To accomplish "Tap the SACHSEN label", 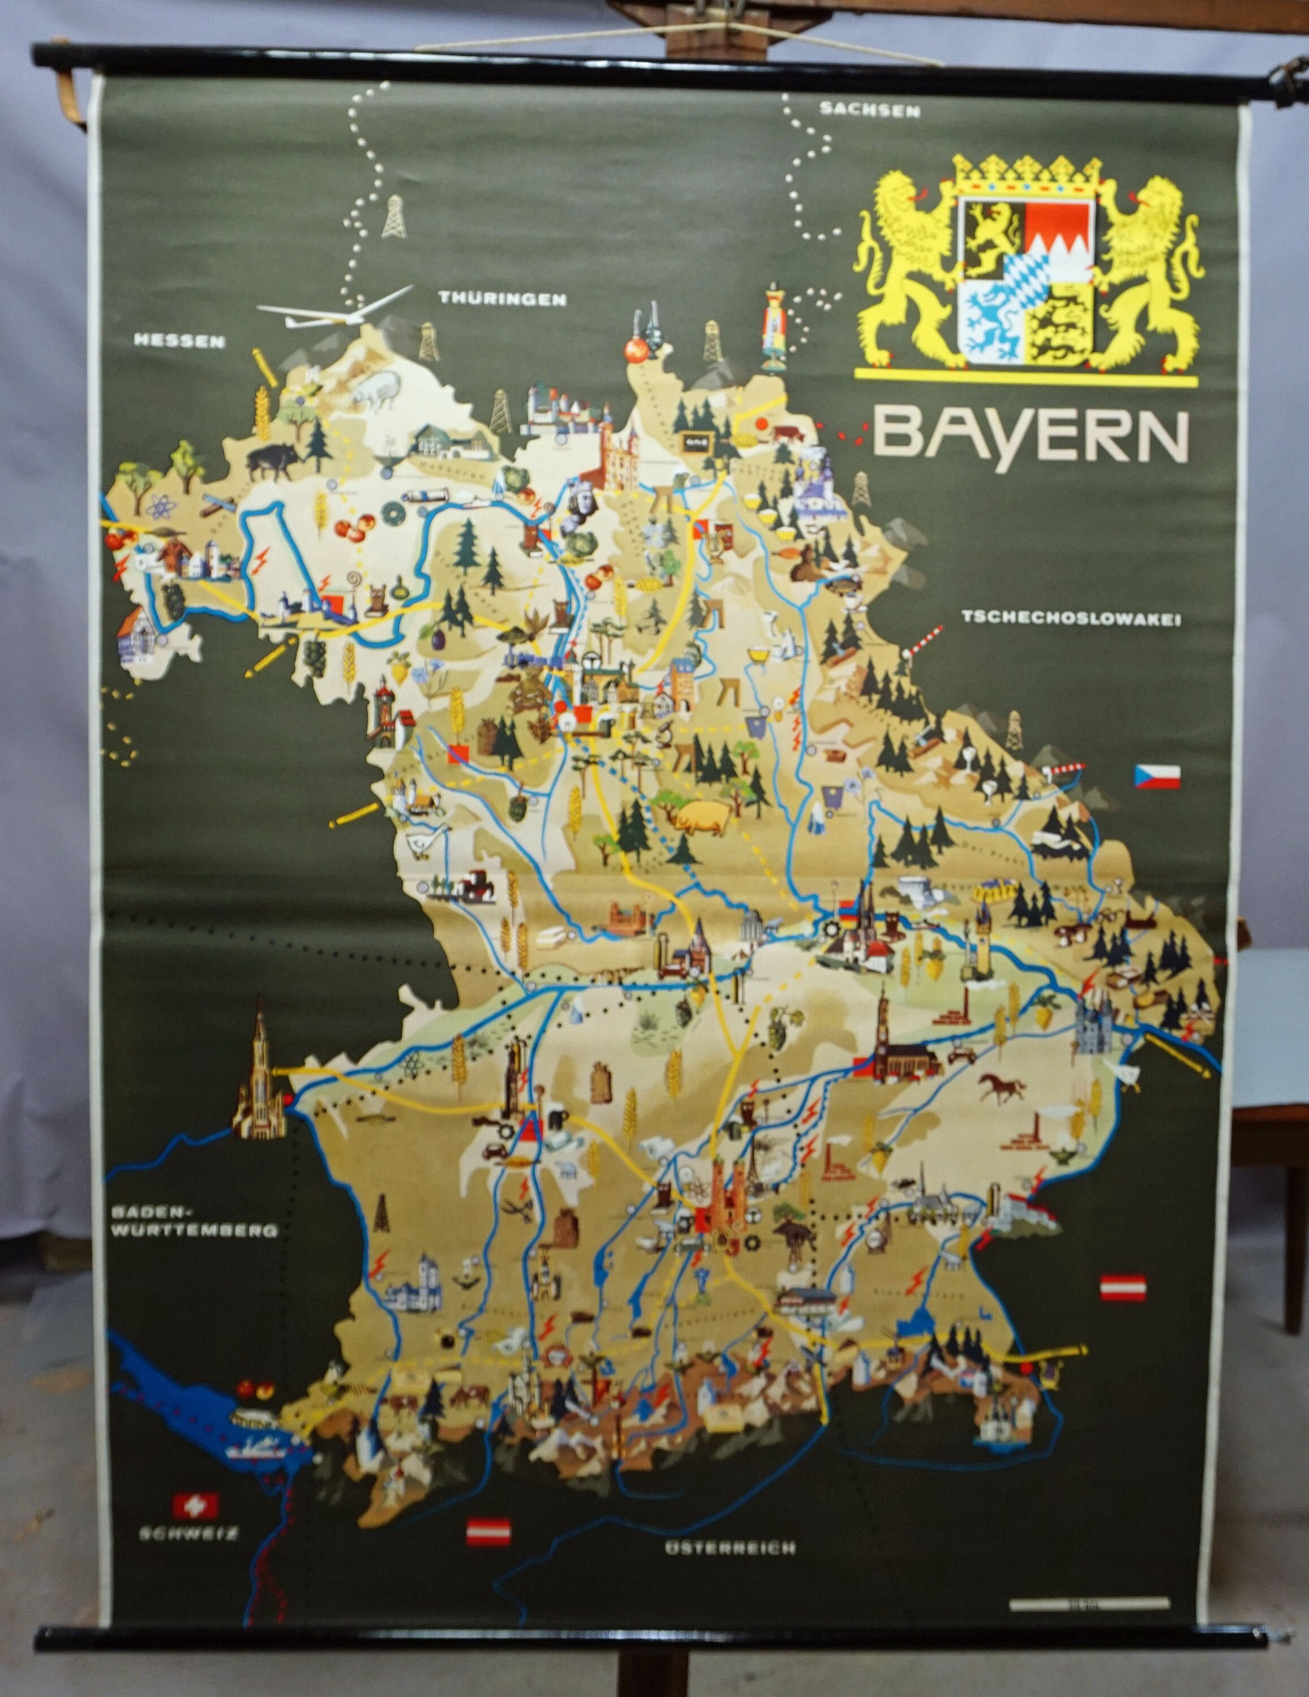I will (x=870, y=110).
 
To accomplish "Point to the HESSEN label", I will (x=179, y=341).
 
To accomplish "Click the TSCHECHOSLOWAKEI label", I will (x=1071, y=618).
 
